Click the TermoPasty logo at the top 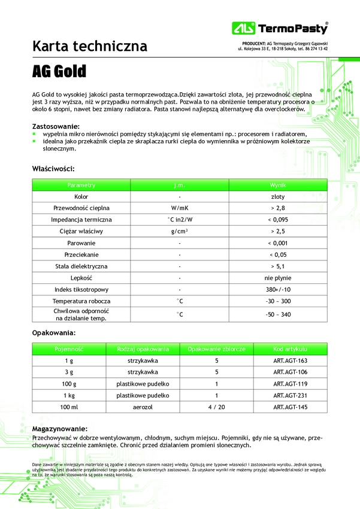tap(280, 28)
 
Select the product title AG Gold tap(59, 72)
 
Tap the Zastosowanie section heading tap(56, 126)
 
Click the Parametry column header tap(81, 185)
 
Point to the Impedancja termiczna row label tap(81, 220)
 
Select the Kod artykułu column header tap(290, 349)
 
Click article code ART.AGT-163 tap(290, 360)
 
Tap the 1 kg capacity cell tap(69, 395)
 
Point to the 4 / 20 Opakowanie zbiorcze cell tap(216, 407)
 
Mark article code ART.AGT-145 tap(290, 407)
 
